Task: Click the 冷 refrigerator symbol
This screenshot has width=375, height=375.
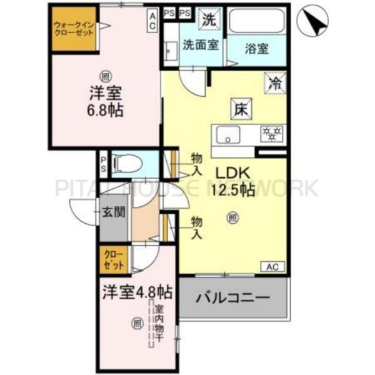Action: point(275,81)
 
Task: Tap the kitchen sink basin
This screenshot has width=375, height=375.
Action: point(229,134)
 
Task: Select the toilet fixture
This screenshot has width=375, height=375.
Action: point(128,164)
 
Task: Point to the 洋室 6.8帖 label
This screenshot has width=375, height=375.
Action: point(104,102)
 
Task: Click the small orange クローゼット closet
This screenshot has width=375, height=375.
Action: point(114,260)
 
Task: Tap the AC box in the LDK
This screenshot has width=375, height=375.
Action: point(272,266)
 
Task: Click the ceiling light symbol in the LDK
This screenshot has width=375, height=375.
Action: point(232,217)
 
